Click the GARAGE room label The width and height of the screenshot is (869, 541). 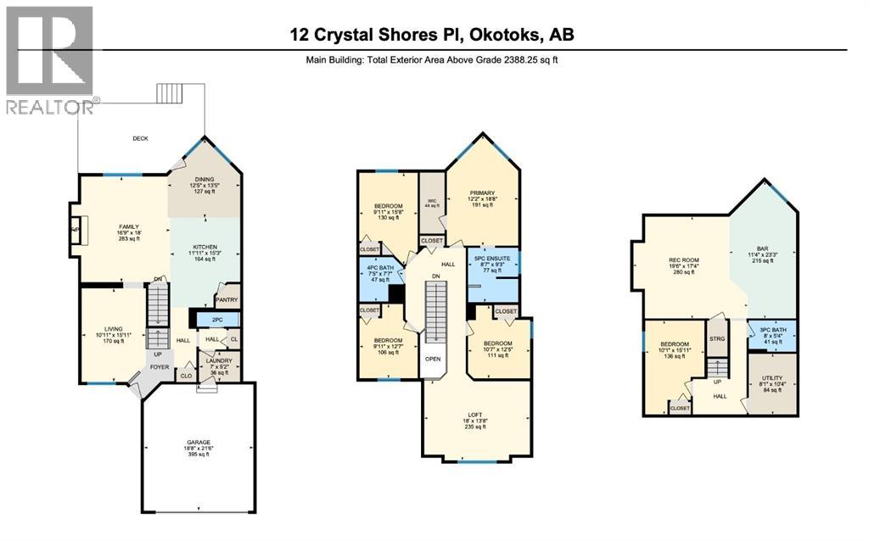pyautogui.click(x=198, y=443)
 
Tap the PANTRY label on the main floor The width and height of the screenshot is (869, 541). pyautogui.click(x=227, y=299)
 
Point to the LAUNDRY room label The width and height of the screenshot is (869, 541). pyautogui.click(x=219, y=361)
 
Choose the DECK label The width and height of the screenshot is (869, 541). pyautogui.click(x=140, y=139)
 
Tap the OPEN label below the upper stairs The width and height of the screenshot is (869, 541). pyautogui.click(x=433, y=359)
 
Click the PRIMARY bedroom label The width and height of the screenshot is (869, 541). pyautogui.click(x=483, y=192)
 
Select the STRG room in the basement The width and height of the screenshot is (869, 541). pyautogui.click(x=717, y=338)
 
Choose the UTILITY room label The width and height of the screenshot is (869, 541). pyautogui.click(x=771, y=378)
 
